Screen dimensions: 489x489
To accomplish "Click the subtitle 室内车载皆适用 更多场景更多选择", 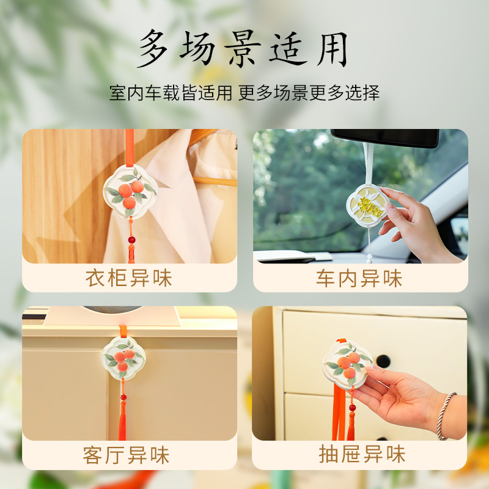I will click(244, 93).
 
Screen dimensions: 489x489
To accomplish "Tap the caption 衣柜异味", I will click(129, 278).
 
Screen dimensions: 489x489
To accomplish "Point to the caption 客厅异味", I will click(126, 455).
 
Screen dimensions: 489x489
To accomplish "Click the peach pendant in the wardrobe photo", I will click(130, 190).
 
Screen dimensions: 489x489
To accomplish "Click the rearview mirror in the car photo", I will click(384, 138).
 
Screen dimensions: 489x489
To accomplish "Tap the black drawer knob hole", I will click(383, 361).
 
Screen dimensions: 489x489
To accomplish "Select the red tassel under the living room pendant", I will click(122, 422).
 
